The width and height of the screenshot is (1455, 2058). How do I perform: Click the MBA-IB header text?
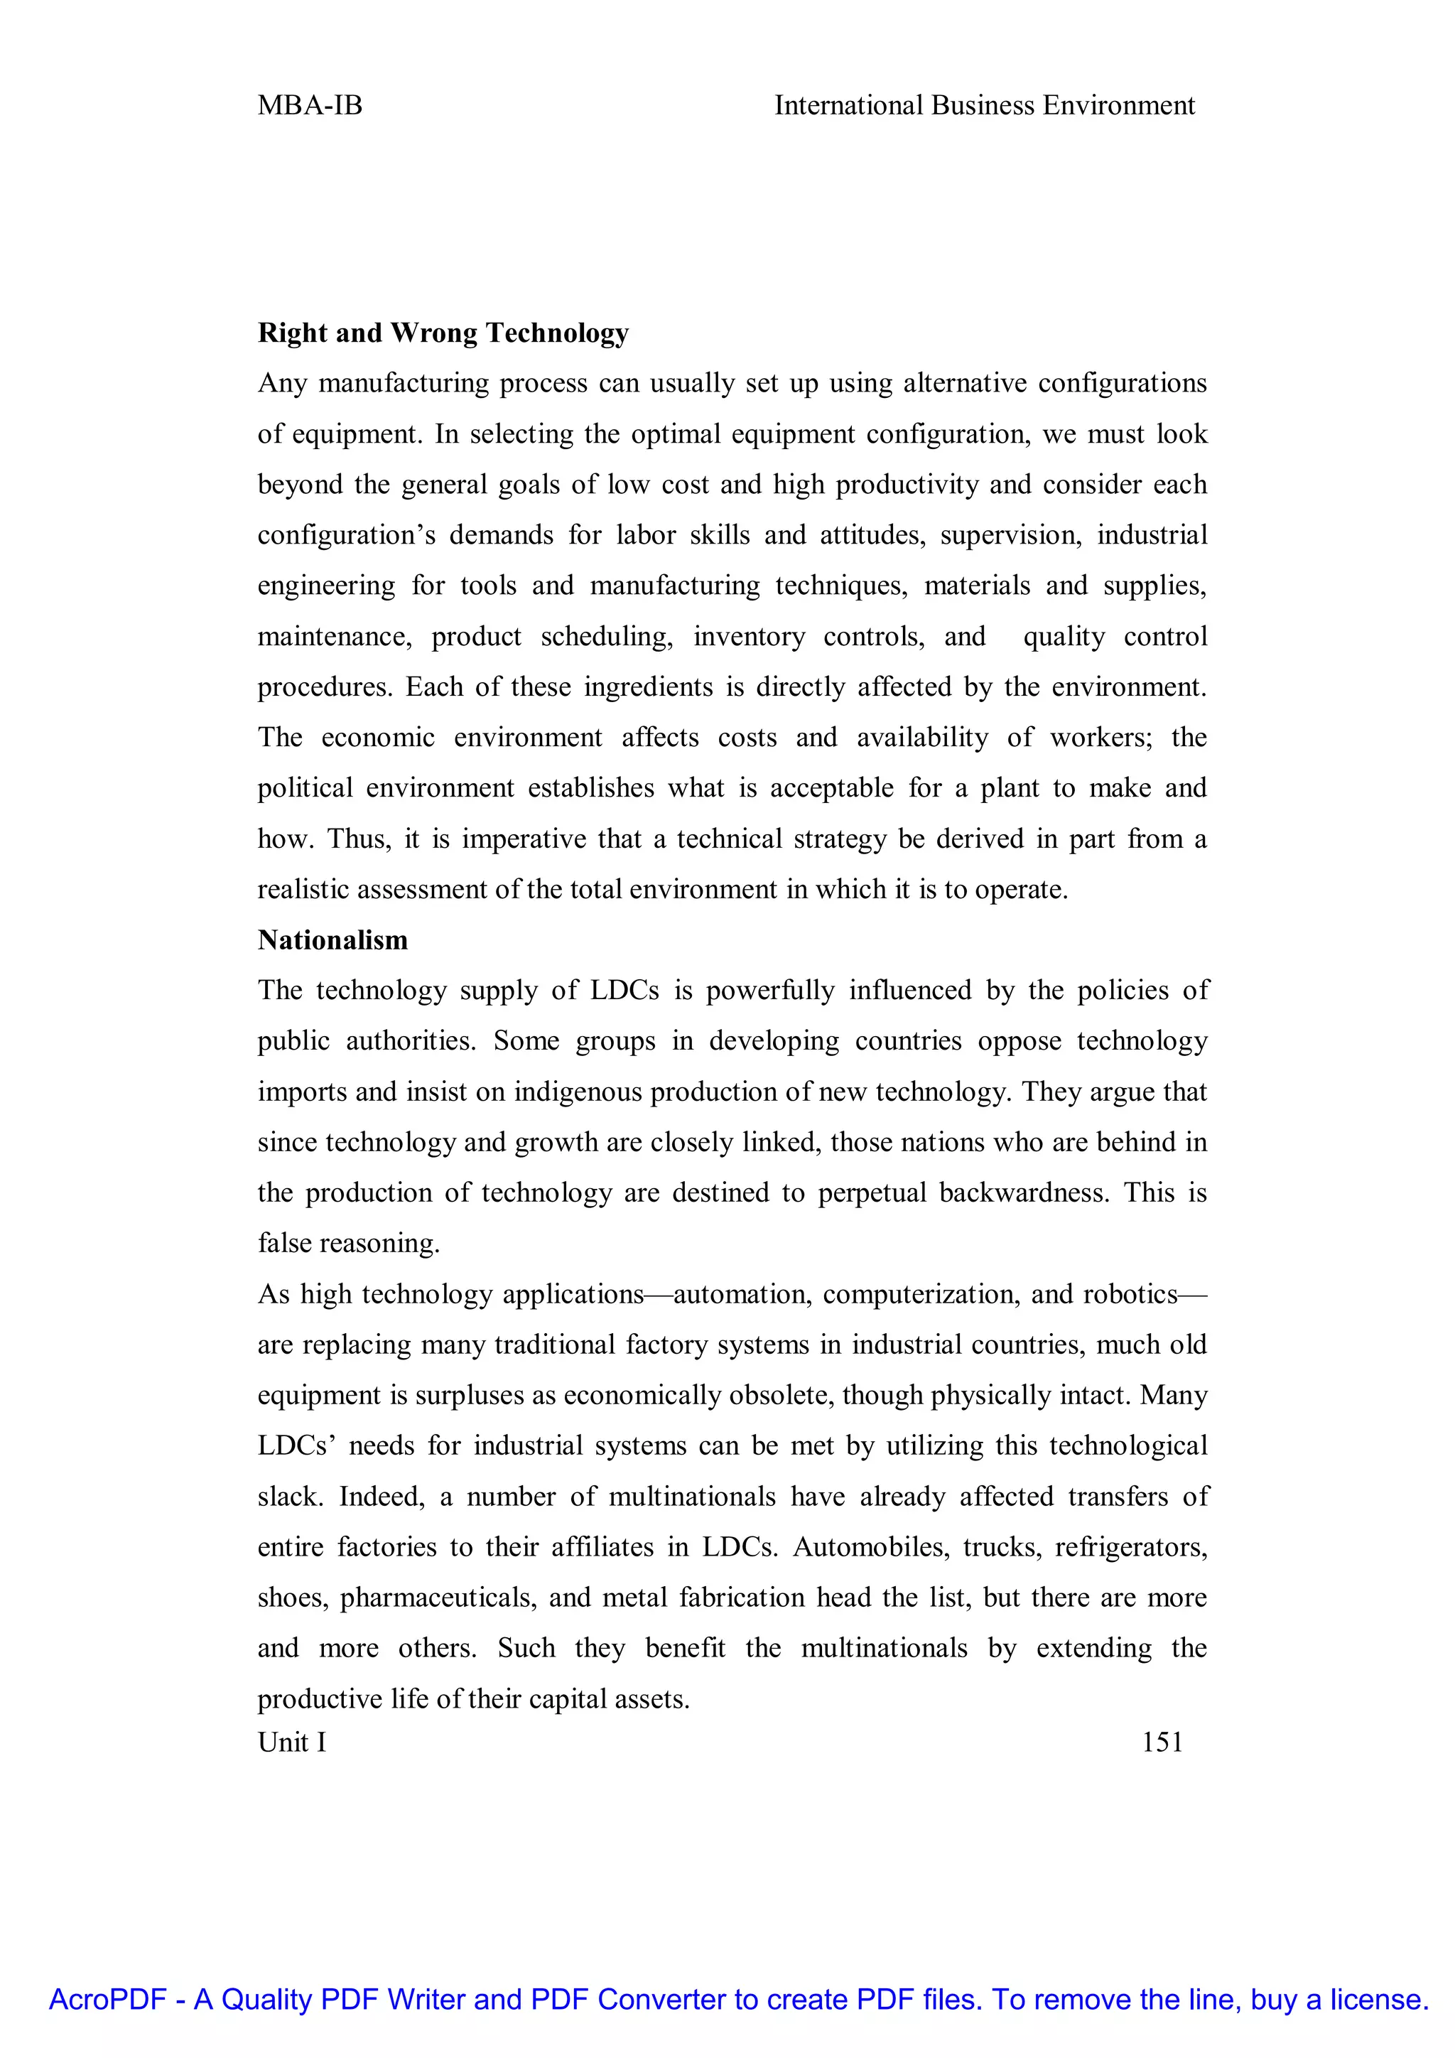(x=310, y=106)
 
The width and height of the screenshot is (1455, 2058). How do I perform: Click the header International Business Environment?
(x=984, y=106)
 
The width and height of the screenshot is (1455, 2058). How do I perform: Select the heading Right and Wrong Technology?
(x=443, y=333)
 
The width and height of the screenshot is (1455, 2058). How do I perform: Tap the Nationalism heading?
(x=332, y=940)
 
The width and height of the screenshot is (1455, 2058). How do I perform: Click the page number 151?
(x=1162, y=1742)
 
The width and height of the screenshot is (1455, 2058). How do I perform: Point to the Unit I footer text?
(x=292, y=1742)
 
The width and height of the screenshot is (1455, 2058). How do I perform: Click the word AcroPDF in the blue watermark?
(x=107, y=2000)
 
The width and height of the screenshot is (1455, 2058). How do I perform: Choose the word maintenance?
(x=333, y=637)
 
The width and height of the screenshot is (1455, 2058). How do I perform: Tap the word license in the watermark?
(x=1379, y=2000)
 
